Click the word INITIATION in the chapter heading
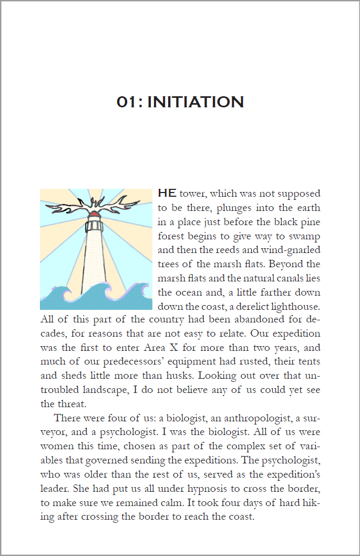[x=196, y=102]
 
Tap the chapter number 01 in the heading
[x=127, y=102]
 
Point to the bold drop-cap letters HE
[x=167, y=193]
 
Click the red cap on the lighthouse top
[x=95, y=214]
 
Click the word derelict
[x=247, y=306]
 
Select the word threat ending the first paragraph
[x=69, y=405]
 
